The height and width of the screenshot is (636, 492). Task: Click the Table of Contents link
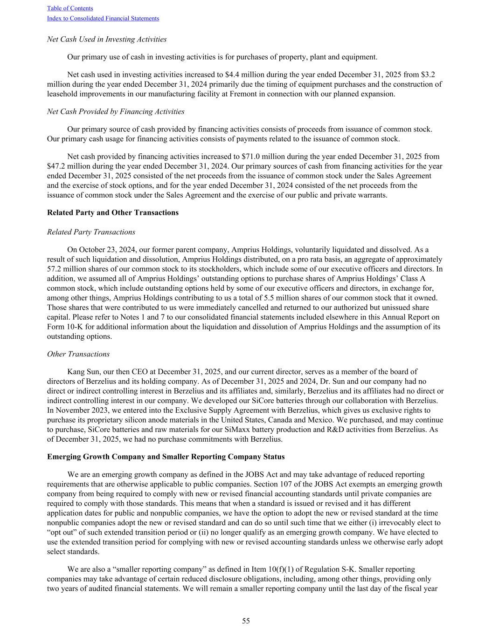(x=70, y=8)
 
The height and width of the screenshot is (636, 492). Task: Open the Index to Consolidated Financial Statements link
(x=103, y=19)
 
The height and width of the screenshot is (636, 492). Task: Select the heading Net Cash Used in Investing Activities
(x=107, y=39)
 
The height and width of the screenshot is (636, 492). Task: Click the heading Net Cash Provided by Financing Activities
(x=116, y=111)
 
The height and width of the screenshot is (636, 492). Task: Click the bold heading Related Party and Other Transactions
(x=113, y=212)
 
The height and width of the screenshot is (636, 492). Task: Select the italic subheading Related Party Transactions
(x=91, y=232)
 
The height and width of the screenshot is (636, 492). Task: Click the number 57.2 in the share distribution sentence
(x=55, y=269)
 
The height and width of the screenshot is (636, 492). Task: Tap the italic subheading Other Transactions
(x=78, y=354)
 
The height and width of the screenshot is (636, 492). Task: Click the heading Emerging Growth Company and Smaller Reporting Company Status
(x=166, y=457)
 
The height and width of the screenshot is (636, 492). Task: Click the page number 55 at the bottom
(x=246, y=621)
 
